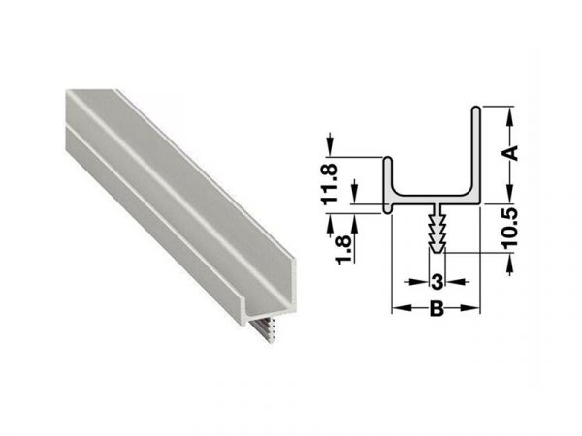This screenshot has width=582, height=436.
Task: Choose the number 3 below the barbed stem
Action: (436, 282)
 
